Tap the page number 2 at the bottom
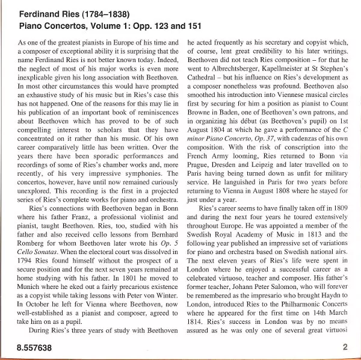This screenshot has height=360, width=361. (x=345, y=347)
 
